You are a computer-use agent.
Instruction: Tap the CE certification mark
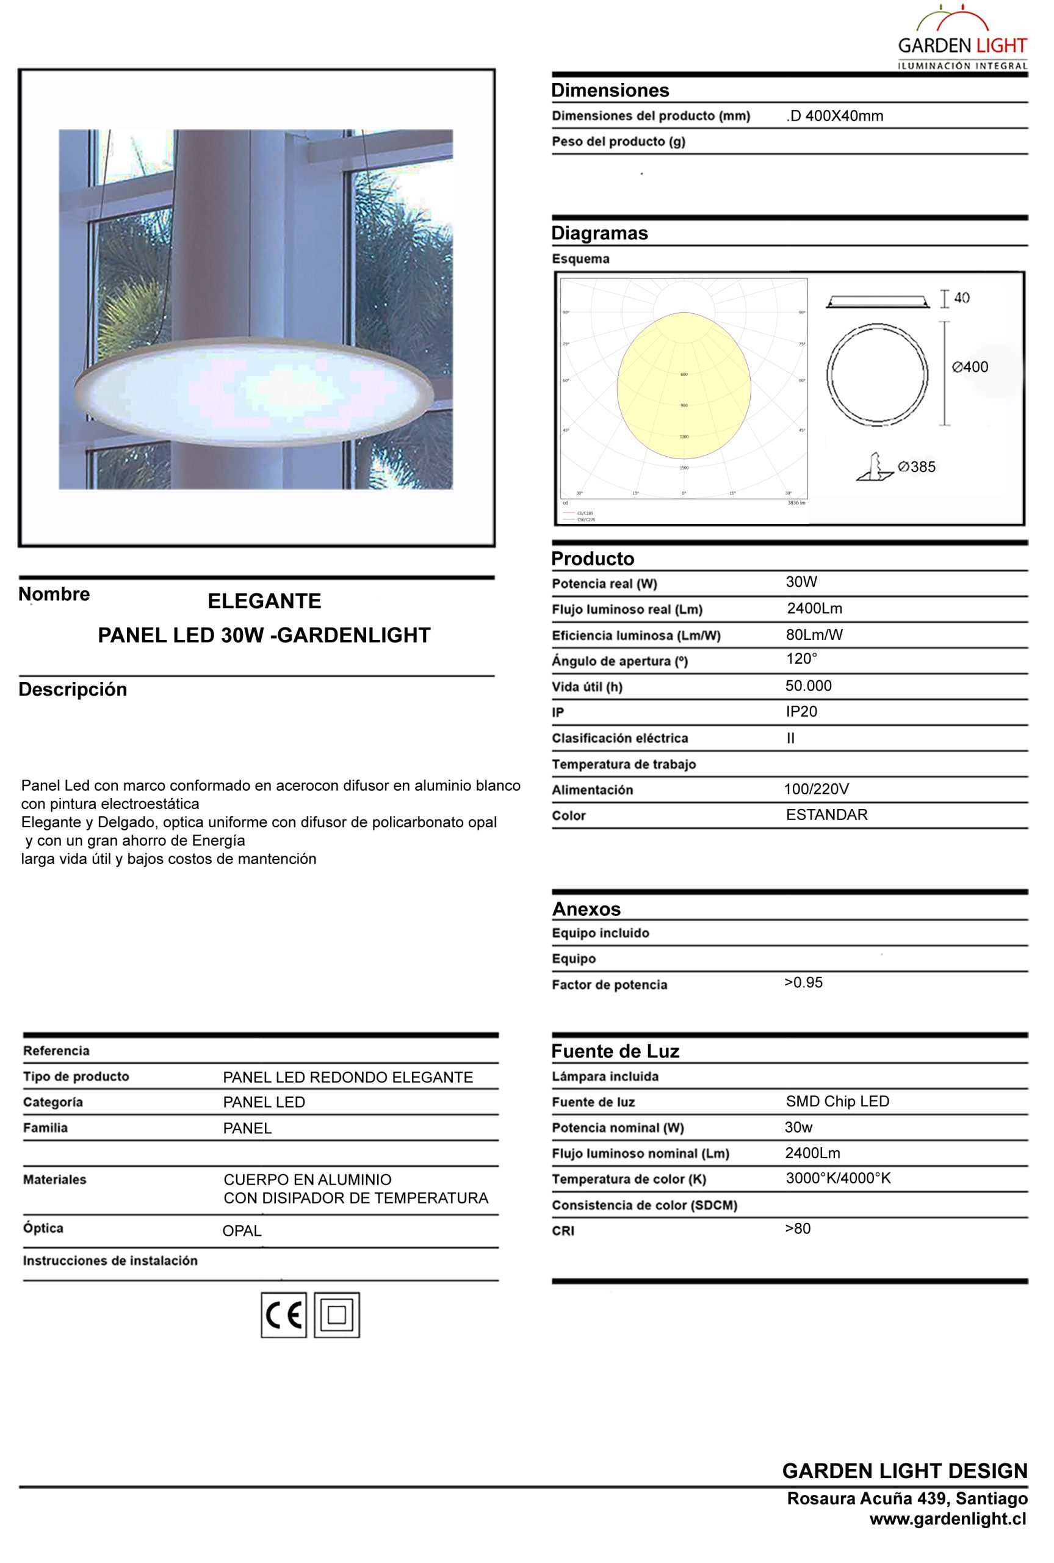coord(283,1315)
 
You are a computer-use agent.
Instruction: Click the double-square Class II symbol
coord(336,1315)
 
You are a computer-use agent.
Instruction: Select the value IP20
coord(801,711)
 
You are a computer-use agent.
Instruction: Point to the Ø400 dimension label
coord(970,367)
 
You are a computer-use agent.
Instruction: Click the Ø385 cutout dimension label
coord(916,466)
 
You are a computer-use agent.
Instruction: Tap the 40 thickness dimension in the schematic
coord(961,298)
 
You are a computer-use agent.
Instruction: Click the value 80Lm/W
coord(814,634)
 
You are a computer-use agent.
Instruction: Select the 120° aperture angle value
coord(801,659)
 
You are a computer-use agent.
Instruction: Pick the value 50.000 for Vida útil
coord(808,686)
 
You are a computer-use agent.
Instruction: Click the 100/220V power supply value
coord(816,789)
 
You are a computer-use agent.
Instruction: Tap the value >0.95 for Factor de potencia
coord(803,982)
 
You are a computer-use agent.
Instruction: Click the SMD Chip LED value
coord(837,1101)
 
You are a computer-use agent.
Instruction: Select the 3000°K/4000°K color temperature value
coord(837,1178)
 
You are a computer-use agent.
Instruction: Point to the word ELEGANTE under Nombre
coord(264,601)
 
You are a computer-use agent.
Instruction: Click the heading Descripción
coord(73,690)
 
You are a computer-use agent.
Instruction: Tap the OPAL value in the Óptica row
coord(242,1231)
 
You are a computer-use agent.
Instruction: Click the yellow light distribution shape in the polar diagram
coord(684,386)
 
